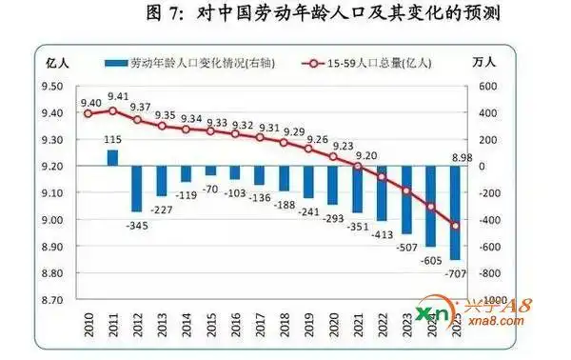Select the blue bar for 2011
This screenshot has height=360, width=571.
tap(112, 157)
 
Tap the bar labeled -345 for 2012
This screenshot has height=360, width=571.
tap(137, 189)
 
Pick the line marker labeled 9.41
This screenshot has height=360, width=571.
tap(112, 110)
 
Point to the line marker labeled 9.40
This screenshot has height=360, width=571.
tap(88, 113)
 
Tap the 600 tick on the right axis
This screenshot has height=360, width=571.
tap(487, 87)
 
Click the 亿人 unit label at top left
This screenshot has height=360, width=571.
tap(57, 63)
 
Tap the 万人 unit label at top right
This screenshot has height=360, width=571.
tap(486, 63)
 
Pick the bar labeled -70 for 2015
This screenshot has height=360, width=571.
tap(211, 170)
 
